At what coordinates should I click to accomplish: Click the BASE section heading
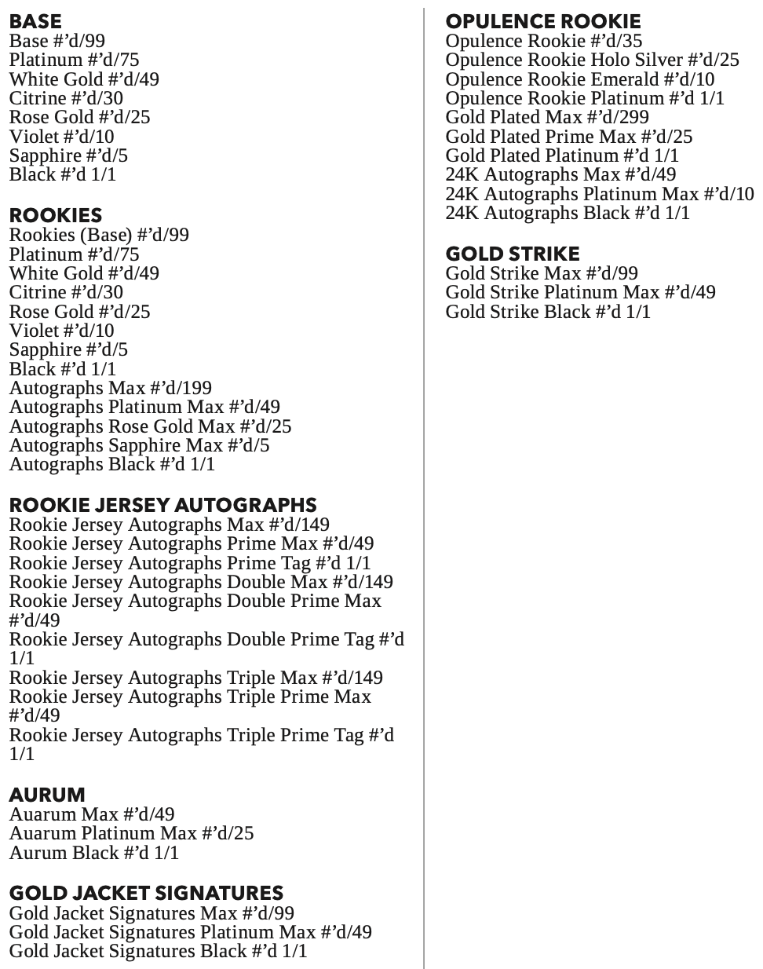click(x=35, y=21)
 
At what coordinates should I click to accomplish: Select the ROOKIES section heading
click(x=56, y=215)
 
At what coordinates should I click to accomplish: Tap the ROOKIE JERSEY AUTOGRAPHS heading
click(x=162, y=505)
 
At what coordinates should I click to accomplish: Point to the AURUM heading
click(x=46, y=795)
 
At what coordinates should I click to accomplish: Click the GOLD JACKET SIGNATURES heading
click(x=146, y=893)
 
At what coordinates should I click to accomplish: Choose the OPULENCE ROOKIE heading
click(x=543, y=21)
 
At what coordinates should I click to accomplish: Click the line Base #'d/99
click(x=57, y=41)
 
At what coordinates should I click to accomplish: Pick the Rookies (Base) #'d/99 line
click(x=99, y=235)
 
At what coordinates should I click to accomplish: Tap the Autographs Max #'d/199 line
click(x=111, y=388)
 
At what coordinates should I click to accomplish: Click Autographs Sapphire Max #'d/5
click(x=139, y=445)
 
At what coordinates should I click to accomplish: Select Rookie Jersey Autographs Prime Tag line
click(x=190, y=563)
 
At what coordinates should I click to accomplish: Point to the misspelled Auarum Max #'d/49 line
click(x=92, y=814)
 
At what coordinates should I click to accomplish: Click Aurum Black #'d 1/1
click(x=94, y=853)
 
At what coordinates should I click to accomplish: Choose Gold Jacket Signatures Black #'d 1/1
click(x=158, y=951)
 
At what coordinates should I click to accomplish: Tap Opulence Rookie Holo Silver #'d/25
click(x=592, y=60)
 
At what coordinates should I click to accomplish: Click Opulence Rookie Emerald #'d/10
click(x=580, y=79)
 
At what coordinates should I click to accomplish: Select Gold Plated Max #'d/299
click(x=547, y=117)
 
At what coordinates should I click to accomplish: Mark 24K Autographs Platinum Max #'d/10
click(x=600, y=194)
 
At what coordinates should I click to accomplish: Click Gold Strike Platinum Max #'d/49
click(x=580, y=292)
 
